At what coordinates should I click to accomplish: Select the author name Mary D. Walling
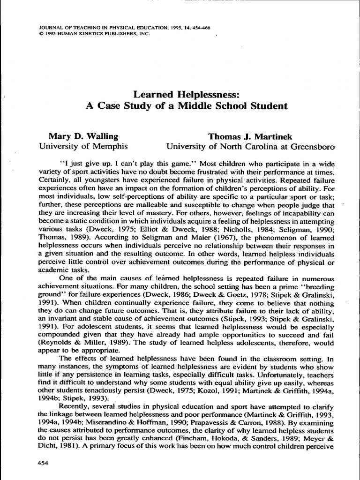coord(83,136)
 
